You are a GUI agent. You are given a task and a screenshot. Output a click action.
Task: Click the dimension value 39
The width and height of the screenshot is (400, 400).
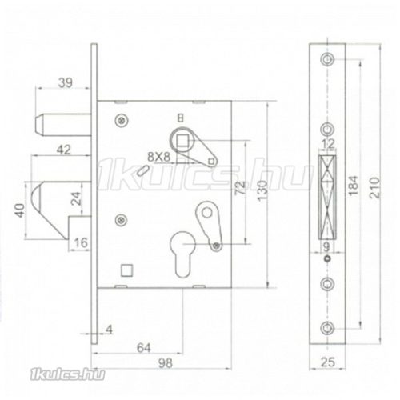point(66,82)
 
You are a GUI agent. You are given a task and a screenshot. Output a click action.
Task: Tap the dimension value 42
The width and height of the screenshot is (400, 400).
point(64,150)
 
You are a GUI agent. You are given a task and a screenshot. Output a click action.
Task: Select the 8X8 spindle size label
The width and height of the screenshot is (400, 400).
point(158,157)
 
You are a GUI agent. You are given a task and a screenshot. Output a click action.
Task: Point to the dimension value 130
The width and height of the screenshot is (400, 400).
point(262,190)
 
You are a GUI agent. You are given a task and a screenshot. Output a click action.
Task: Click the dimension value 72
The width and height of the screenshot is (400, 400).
point(241,187)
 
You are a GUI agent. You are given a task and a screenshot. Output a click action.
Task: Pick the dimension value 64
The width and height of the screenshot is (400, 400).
point(144,348)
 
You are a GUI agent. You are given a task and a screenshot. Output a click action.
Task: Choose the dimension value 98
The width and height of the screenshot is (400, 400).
point(166,363)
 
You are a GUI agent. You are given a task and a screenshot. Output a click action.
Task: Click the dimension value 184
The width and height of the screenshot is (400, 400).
point(354,186)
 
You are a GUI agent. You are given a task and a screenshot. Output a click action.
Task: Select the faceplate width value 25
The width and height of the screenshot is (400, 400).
point(328,362)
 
